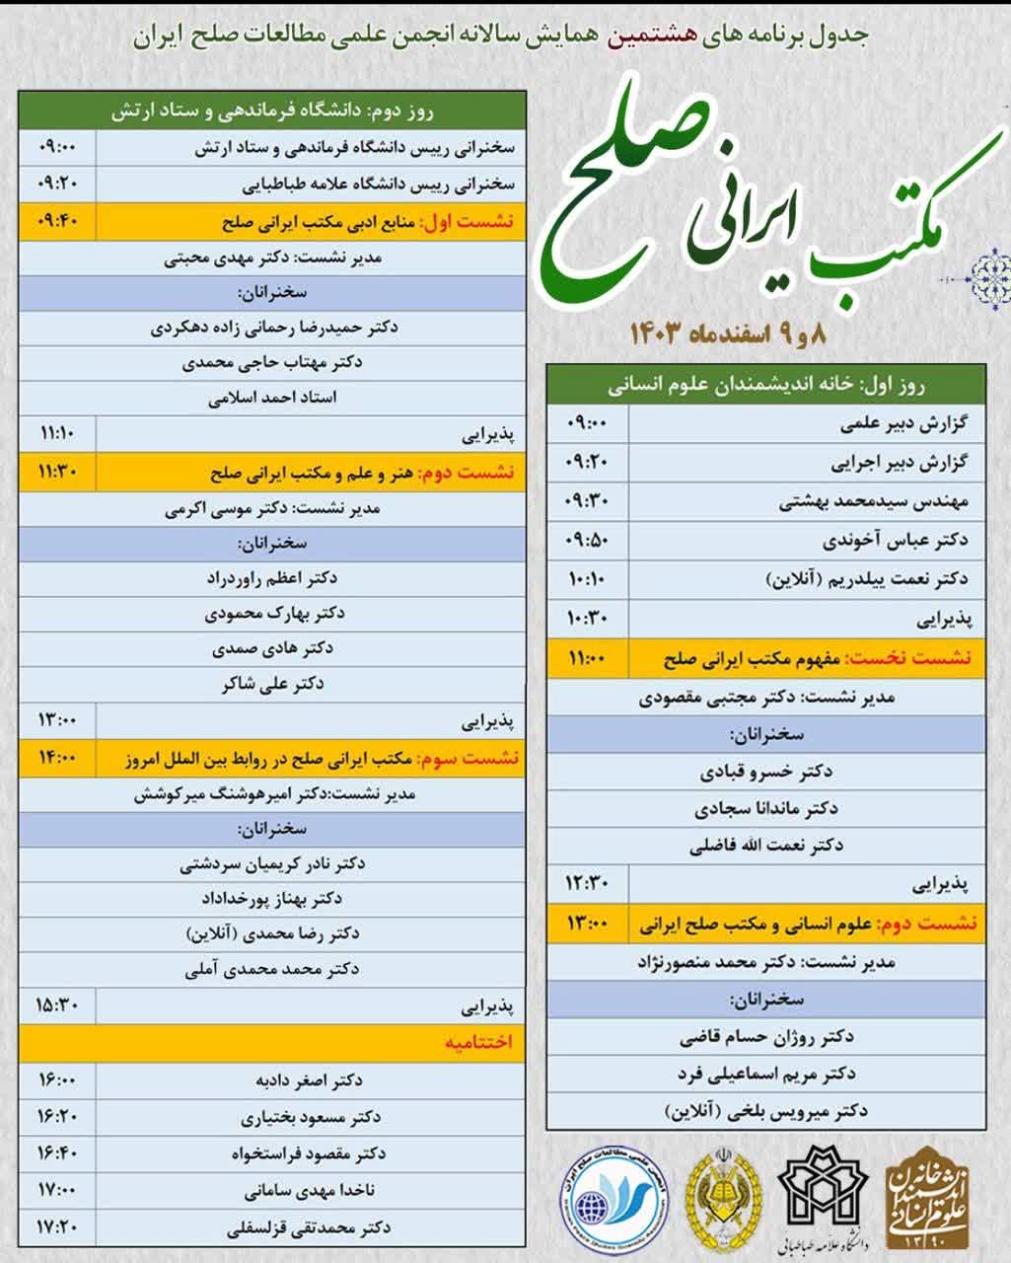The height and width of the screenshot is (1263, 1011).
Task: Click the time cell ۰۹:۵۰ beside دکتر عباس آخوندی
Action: point(588,540)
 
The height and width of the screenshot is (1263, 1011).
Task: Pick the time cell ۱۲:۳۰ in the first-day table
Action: point(588,882)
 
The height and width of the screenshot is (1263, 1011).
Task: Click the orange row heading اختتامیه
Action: point(477,1043)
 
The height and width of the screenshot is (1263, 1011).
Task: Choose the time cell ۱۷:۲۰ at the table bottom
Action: point(57,1227)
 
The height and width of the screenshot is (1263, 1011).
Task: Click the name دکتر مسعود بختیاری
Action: point(311,1117)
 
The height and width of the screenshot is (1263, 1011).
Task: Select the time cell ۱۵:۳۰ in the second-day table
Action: point(57,1005)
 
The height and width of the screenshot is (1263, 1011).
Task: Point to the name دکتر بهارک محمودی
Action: point(275,613)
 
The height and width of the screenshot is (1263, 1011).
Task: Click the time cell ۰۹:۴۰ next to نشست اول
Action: point(57,221)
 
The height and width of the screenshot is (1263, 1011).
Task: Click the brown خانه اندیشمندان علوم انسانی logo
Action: point(928,1195)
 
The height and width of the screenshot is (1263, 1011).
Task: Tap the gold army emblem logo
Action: point(725,1194)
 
